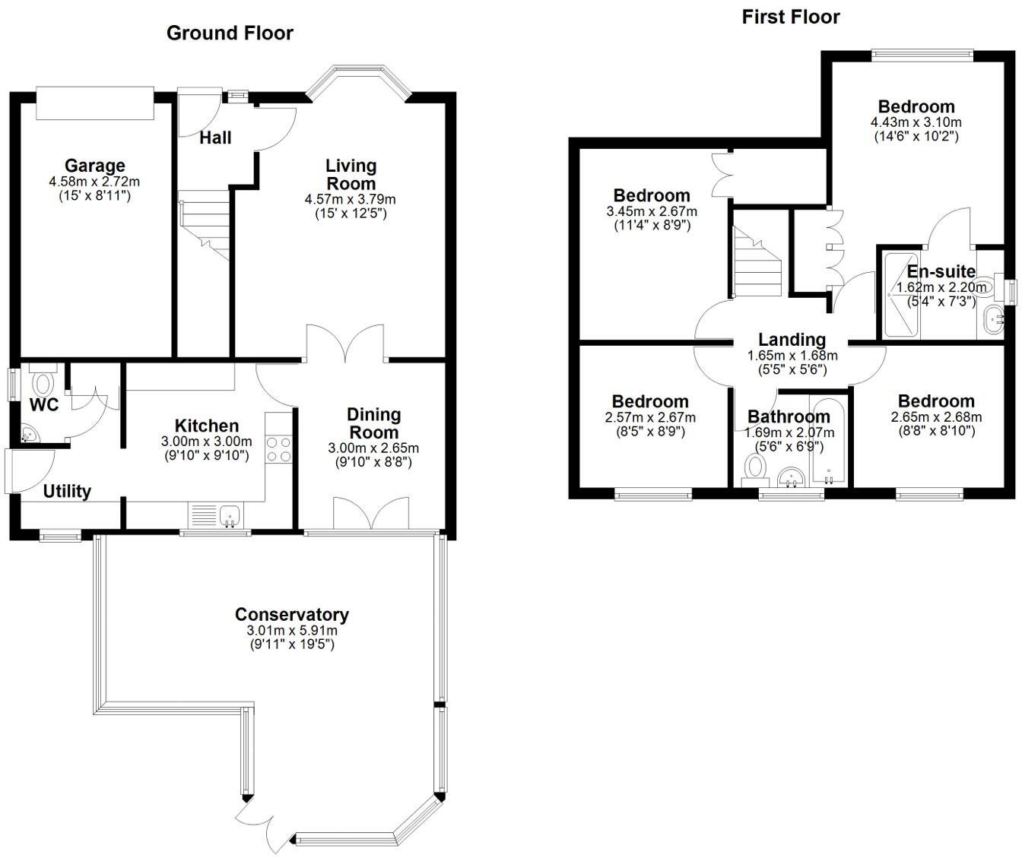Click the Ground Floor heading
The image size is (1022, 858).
click(230, 33)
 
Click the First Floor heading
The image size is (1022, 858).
click(790, 17)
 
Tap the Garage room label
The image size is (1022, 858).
click(94, 166)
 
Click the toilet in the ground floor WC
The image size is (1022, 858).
click(43, 379)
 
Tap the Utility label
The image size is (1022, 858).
click(67, 492)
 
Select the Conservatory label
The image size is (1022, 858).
click(292, 614)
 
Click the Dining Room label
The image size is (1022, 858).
click(373, 423)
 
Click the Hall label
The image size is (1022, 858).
click(216, 138)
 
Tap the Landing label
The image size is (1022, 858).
click(792, 340)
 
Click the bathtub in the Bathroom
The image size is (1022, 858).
click(828, 442)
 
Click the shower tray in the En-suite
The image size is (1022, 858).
click(901, 296)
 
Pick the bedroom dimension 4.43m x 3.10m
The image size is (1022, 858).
click(916, 122)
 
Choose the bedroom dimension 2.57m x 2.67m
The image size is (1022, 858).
click(650, 417)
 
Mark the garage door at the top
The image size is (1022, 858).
click(95, 103)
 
